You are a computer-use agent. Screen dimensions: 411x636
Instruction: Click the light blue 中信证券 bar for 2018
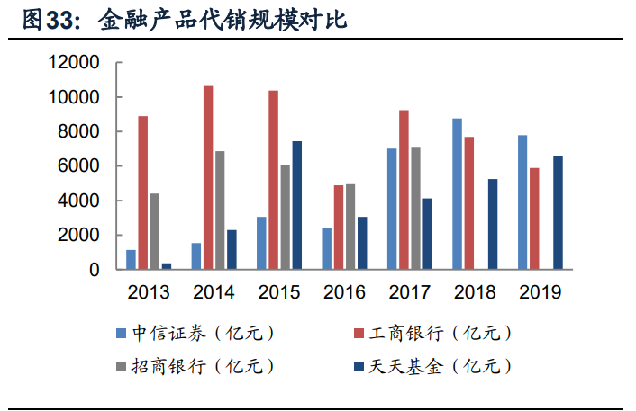(x=458, y=193)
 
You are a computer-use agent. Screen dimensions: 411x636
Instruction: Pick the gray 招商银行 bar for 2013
(x=154, y=231)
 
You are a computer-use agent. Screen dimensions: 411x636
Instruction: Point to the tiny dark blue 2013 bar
(x=167, y=265)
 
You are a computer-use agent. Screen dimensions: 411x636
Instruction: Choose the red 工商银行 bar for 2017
(x=404, y=190)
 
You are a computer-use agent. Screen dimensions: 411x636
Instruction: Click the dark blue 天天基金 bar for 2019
(x=559, y=212)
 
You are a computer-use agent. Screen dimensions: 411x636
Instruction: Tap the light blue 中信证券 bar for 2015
(x=261, y=243)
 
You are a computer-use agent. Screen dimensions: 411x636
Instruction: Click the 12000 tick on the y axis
(x=74, y=63)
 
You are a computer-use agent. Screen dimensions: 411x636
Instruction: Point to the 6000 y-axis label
(x=78, y=166)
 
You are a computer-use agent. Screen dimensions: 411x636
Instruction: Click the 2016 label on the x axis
(x=344, y=292)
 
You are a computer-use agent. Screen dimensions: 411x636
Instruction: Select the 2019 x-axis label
(x=541, y=292)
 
